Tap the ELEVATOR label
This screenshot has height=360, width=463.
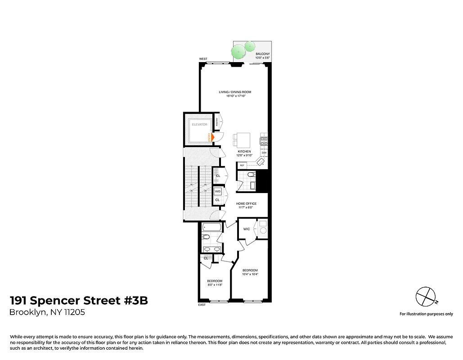pos(199,124)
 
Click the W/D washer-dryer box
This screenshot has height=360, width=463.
pos(217,191)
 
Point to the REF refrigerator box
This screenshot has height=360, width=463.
pos(242,166)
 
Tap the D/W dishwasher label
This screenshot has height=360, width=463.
pos(264,153)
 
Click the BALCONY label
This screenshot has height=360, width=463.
pos(262,54)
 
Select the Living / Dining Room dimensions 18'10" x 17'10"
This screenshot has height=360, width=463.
pos(235,96)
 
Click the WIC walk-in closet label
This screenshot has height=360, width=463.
pos(247,229)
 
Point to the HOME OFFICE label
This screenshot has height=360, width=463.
pos(246,203)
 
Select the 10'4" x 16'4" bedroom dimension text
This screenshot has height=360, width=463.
pos(250,274)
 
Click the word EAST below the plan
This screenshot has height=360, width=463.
pos(202,305)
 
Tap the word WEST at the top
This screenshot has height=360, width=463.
pos(203,59)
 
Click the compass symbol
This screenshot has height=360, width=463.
pos(425,296)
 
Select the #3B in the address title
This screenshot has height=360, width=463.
pos(135,301)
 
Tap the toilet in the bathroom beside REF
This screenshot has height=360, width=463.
pos(252,175)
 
